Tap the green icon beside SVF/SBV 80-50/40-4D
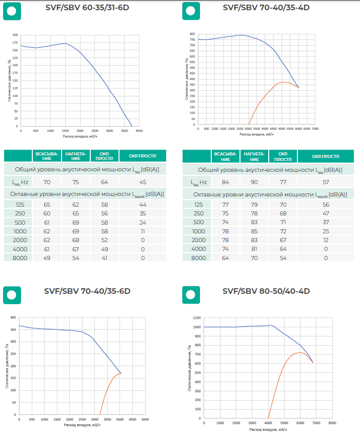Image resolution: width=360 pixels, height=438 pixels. coord(191,295)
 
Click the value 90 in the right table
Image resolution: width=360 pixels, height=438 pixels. coord(254,182)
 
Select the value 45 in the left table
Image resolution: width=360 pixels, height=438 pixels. coord(143,182)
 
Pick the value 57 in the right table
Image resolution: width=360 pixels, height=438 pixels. coord(325,182)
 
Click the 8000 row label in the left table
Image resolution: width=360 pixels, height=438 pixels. coord(18,258)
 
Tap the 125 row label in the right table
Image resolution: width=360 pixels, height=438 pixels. coord(197,205)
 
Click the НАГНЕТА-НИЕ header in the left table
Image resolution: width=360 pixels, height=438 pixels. coord(75,156)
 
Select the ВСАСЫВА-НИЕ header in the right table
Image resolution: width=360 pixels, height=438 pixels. coord(226,156)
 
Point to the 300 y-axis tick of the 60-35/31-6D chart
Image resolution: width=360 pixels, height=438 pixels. coord(15,35)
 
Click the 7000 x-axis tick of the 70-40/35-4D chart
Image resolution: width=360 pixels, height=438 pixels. coord(315,129)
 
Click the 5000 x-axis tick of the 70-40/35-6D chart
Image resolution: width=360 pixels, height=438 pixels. coord(145,420)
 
